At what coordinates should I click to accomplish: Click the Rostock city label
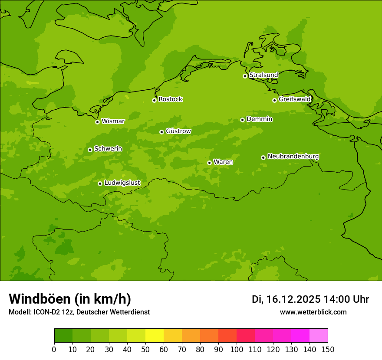[x=170, y=99]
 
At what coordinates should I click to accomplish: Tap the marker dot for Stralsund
[x=245, y=76]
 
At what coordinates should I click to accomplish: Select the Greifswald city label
[x=294, y=99]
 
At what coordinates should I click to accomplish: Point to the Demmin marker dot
[x=242, y=120]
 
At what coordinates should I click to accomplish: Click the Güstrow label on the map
[x=178, y=131]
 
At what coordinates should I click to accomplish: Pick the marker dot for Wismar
[x=97, y=122]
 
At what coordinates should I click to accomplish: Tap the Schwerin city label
[x=108, y=149]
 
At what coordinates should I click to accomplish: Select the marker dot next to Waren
[x=209, y=163]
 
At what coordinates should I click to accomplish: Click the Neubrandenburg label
[x=293, y=157]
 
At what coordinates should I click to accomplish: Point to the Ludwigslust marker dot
[x=100, y=183]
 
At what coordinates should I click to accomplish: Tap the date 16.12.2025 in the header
[x=293, y=299]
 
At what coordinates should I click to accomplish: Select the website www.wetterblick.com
[x=313, y=312]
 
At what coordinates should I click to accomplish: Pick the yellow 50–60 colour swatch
[x=155, y=336]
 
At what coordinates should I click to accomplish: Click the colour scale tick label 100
[x=237, y=349]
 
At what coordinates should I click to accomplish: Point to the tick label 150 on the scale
[x=328, y=349]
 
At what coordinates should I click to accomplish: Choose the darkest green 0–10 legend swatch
[x=63, y=336]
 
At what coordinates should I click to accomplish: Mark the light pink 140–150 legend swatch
[x=319, y=336]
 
